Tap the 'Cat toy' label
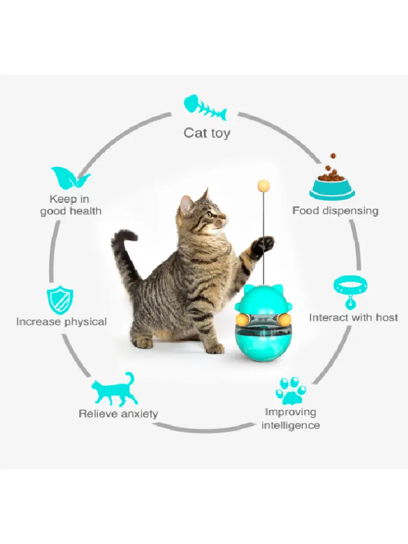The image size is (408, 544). [206, 133]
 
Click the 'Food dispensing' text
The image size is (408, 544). [335, 211]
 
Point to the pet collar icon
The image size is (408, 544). [350, 291]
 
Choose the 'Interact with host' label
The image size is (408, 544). [353, 317]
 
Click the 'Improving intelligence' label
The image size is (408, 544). [292, 419]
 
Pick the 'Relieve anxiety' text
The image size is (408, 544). [119, 413]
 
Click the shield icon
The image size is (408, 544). [60, 300]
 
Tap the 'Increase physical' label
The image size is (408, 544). [61, 321]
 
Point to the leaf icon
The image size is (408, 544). [70, 179]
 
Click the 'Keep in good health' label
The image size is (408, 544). [71, 205]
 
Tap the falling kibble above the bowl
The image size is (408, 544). [332, 162]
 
